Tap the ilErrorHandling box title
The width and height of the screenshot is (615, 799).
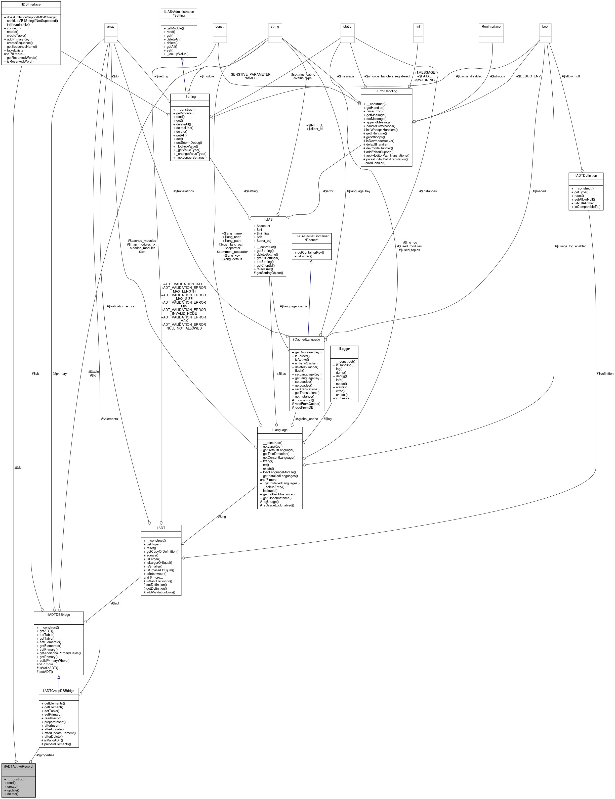386,91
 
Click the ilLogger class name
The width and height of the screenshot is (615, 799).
344,349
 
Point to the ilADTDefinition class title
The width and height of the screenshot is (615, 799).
586,176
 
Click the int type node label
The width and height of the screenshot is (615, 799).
418,27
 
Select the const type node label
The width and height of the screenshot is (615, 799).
220,27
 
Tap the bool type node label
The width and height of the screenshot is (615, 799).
545,27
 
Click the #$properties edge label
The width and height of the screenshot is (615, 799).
45,755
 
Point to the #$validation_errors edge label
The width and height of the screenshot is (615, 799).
120,306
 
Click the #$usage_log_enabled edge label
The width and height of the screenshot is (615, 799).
570,246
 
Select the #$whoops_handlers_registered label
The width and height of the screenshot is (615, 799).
387,76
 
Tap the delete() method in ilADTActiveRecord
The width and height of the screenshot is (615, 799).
12,794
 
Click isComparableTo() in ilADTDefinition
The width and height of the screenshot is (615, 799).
587,207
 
